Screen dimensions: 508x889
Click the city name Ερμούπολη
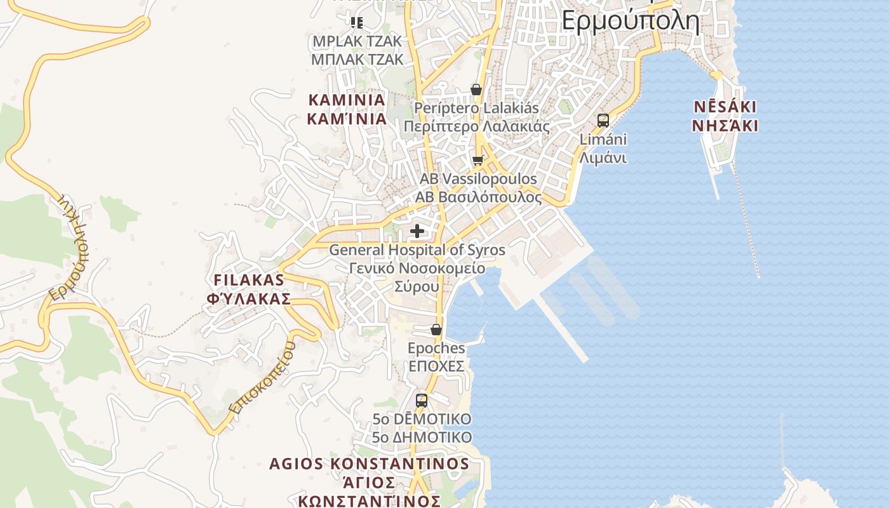[631, 21]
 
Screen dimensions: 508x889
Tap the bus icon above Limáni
[603, 120]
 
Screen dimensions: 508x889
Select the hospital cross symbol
[417, 231]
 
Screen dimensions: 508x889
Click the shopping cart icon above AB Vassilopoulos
[478, 160]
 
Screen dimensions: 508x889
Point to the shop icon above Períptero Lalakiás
[476, 90]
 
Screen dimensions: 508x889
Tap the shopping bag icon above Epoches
[436, 330]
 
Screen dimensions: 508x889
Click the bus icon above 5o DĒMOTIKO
[422, 401]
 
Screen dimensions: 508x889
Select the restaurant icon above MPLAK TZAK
[357, 23]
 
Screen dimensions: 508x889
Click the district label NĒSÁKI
[725, 106]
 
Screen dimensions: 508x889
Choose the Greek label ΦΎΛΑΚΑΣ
[249, 299]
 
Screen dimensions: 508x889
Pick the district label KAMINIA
[347, 100]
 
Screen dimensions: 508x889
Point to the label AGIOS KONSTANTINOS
[369, 464]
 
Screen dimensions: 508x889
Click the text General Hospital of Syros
[417, 250]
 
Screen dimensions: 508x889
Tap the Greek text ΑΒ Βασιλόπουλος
[479, 197]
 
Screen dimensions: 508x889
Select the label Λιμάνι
[603, 157]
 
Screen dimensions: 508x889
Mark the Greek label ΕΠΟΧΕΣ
[436, 366]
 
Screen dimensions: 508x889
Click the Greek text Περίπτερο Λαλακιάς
[476, 126]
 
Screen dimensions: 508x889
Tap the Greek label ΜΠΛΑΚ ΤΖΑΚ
[357, 60]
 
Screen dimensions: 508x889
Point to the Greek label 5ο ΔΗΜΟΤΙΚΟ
[422, 438]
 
